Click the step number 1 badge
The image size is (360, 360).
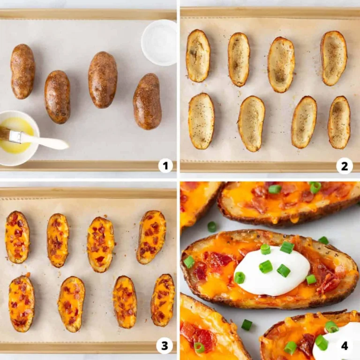coord(165,165)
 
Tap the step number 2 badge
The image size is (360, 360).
coord(345,165)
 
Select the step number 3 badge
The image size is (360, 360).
coord(165,346)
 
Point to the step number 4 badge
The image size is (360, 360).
coord(345,346)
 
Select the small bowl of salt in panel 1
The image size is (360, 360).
coord(159,42)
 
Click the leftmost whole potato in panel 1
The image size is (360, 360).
coord(23,71)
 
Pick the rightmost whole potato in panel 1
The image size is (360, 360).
coord(147,101)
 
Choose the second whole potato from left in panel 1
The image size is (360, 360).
coord(57,97)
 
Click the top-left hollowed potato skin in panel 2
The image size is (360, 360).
coord(198,55)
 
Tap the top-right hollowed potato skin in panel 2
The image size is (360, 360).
coord(334,58)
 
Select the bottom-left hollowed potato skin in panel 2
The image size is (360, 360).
coord(201,121)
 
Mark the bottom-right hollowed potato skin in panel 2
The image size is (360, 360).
coord(339,122)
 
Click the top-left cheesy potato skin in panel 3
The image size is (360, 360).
coord(17,237)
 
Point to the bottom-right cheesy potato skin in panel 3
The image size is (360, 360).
coord(163,300)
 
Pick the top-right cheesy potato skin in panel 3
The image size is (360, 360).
coord(151,237)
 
